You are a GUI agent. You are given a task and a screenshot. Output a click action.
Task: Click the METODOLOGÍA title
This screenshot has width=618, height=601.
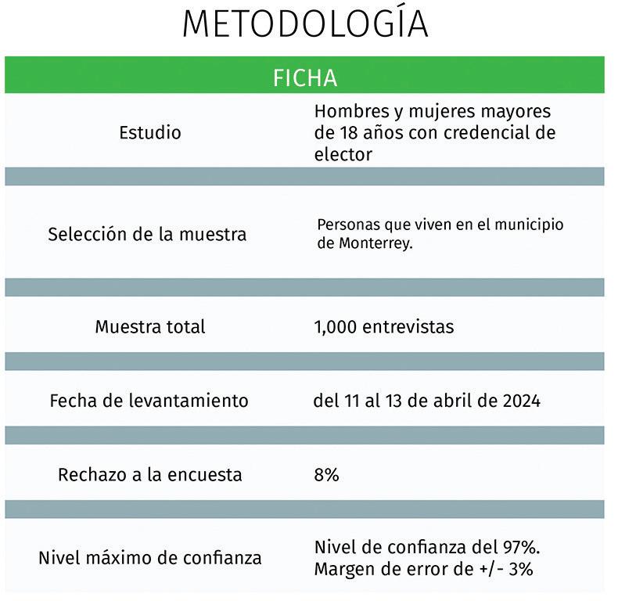point(305,24)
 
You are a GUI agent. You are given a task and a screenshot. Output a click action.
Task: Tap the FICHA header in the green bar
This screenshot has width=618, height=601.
point(305,78)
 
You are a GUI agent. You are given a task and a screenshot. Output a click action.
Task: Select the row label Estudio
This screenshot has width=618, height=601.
point(150,132)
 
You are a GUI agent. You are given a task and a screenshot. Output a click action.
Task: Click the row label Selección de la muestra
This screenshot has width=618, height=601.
point(147,234)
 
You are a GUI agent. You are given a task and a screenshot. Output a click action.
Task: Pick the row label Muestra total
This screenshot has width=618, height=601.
point(150,326)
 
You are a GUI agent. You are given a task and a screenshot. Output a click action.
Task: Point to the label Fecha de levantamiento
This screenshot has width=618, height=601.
point(149,401)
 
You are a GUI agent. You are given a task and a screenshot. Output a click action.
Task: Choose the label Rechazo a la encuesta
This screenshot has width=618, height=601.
point(150,474)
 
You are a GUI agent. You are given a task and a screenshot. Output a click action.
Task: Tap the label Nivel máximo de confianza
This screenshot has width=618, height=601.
point(150,558)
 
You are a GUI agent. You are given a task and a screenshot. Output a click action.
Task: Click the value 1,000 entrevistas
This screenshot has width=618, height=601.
point(383,326)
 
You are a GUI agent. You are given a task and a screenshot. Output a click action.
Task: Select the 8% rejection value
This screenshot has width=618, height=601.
point(326,474)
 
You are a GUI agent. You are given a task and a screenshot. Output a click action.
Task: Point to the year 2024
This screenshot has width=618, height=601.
point(520,401)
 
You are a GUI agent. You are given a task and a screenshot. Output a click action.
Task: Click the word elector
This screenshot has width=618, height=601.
point(343,154)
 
